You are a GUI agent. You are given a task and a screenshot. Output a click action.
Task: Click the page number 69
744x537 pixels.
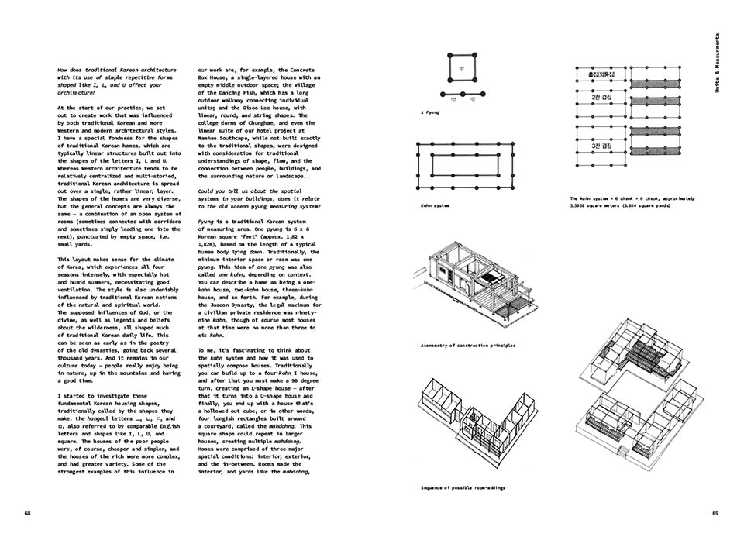[x=715, y=513]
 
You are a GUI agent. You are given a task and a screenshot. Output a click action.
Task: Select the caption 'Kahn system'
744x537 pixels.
[x=432, y=205]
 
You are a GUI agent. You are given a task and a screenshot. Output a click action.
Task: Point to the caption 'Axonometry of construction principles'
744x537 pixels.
[x=467, y=345]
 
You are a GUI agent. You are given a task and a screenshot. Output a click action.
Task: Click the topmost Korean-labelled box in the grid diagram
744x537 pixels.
[x=602, y=73]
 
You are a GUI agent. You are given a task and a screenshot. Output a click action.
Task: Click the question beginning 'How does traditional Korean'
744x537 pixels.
[x=117, y=81]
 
